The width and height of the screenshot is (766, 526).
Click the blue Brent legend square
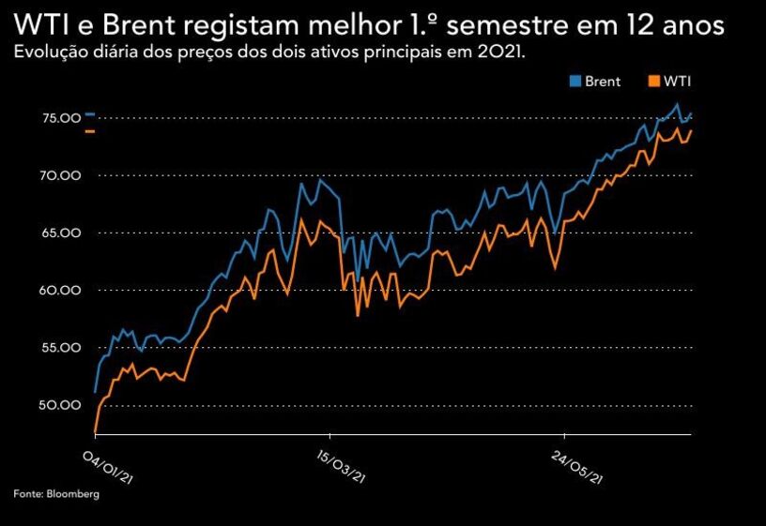pos(574,82)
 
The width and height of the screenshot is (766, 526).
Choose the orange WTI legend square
pos(653,82)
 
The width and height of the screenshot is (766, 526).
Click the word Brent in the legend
pos(603,82)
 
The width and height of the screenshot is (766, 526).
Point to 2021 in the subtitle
pos(499,52)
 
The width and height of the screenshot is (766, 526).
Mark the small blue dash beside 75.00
pos(90,113)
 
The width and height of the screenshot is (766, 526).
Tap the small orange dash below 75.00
pos(90,131)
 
